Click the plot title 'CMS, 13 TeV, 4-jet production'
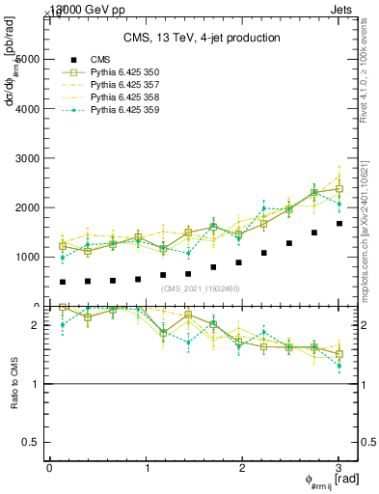pos(202,38)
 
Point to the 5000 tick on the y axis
pos(30,59)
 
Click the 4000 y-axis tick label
pos(30,109)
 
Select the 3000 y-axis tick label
pos(30,158)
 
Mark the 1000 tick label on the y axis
pos(30,258)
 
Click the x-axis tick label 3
pos(338,468)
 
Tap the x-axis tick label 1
pos(147,468)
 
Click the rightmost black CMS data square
pos(338,223)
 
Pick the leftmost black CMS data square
pos(63,282)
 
